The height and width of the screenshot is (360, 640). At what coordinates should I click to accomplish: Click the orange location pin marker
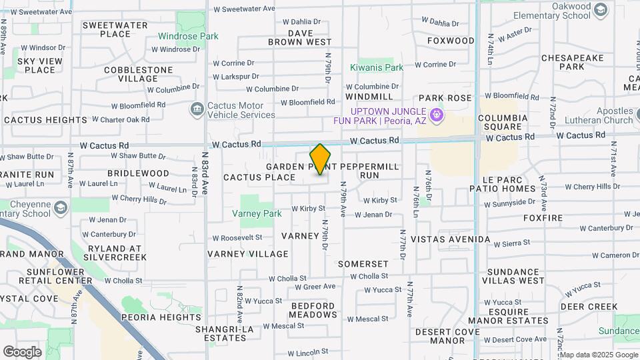[x=320, y=159]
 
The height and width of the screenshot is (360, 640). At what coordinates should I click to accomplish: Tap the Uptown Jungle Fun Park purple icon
[x=436, y=115]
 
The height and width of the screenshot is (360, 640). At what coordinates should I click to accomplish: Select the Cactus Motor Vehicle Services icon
[x=197, y=109]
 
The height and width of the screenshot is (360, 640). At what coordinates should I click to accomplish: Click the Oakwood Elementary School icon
[x=601, y=9]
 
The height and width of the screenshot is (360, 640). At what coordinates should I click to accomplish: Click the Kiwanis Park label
[x=377, y=67]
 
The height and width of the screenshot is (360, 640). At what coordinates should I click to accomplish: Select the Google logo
[x=23, y=351]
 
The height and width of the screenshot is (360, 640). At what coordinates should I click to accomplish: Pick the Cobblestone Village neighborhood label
[x=137, y=74]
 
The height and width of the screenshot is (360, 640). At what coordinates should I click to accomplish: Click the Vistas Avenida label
[x=451, y=239]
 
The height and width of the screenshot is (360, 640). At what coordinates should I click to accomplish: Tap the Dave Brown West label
[x=300, y=37]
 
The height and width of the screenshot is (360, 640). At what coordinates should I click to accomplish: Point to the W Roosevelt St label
[x=237, y=237]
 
